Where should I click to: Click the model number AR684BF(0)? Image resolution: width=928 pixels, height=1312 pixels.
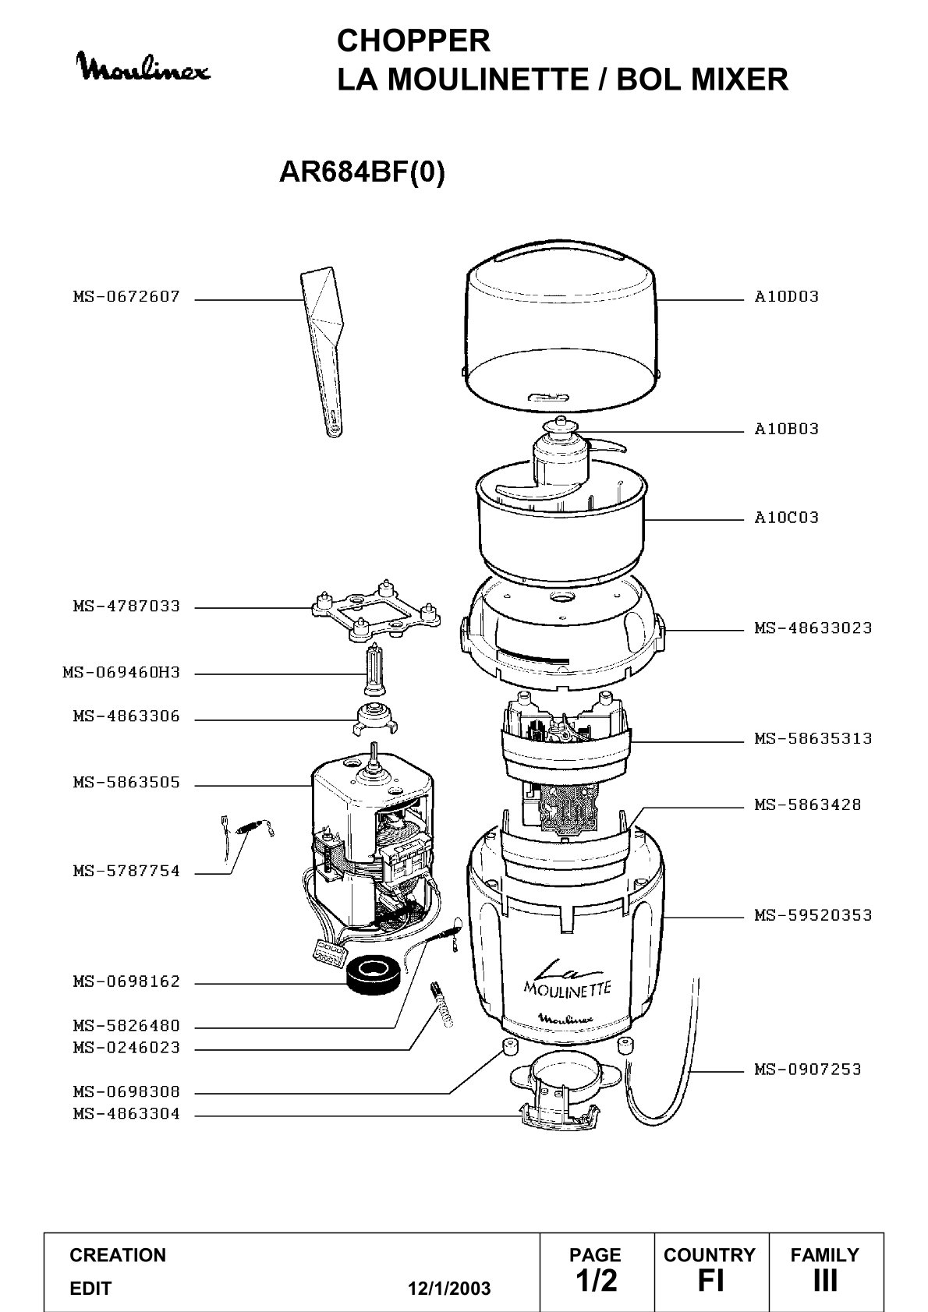click(362, 172)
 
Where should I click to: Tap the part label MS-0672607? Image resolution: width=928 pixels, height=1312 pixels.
click(126, 297)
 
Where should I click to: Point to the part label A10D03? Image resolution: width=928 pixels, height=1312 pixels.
click(786, 297)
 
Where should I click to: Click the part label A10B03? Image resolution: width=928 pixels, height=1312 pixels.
click(786, 430)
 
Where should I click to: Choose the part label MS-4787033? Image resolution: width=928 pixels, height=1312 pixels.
click(126, 606)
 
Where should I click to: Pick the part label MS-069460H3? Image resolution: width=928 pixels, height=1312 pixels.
click(122, 673)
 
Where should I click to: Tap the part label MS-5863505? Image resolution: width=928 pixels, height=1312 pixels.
click(126, 783)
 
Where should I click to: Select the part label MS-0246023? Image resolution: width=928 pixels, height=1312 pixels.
click(126, 1047)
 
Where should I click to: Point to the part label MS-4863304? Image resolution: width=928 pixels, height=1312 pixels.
click(126, 1113)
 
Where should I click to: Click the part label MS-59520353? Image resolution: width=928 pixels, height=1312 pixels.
click(813, 915)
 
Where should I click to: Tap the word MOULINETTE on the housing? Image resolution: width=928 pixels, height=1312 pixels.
click(566, 989)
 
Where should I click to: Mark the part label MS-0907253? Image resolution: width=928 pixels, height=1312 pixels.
click(808, 1070)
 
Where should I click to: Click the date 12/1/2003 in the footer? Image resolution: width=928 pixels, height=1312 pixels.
click(449, 1289)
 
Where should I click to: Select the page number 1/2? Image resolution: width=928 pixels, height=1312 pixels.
click(596, 1280)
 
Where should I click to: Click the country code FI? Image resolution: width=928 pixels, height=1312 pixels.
click(710, 1280)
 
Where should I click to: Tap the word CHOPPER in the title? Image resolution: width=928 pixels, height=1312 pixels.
click(413, 41)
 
